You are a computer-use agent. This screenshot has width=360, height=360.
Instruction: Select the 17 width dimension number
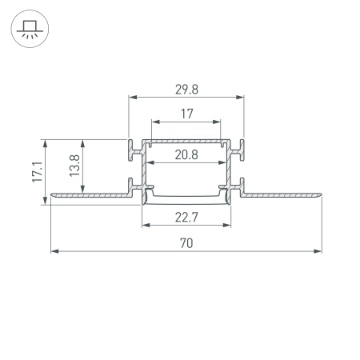(x=186, y=114)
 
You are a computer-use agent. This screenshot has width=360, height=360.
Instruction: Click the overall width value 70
(x=186, y=242)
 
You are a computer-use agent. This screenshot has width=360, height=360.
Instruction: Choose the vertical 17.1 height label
(x=37, y=172)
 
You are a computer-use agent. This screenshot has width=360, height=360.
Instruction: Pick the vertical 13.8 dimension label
(x=74, y=166)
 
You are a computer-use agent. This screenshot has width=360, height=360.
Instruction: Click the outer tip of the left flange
(x=53, y=194)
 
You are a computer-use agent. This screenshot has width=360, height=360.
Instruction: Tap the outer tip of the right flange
(x=321, y=194)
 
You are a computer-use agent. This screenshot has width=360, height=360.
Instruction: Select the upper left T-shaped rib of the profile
(x=130, y=147)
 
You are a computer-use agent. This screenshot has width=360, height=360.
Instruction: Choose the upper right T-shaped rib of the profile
(x=242, y=147)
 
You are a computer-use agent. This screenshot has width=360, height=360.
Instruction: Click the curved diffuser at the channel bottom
(x=186, y=197)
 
